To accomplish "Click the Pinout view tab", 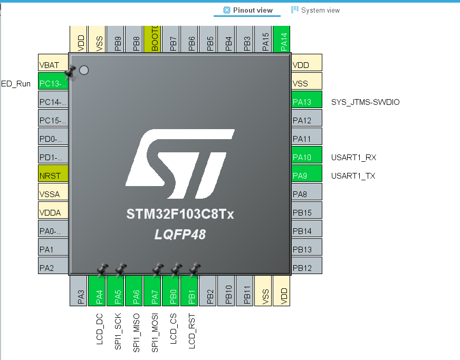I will (x=248, y=10).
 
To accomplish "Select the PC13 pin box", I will (x=53, y=83).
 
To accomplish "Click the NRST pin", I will (x=53, y=176).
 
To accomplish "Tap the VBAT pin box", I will (x=53, y=65).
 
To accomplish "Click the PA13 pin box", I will (x=306, y=102).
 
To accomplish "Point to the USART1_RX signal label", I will (x=353, y=157).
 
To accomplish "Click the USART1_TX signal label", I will (x=353, y=176).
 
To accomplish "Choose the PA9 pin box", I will (x=306, y=176).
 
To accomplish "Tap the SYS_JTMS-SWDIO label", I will (x=365, y=102).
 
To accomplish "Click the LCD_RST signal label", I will (x=191, y=330).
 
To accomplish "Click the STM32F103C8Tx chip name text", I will (x=180, y=215).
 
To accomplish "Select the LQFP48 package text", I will (x=180, y=235).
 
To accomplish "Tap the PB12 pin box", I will (x=306, y=268).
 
